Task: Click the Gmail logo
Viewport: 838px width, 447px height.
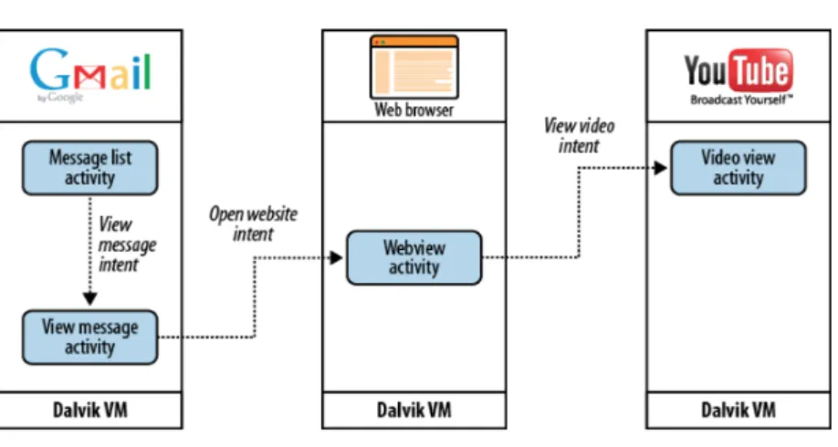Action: click(90, 75)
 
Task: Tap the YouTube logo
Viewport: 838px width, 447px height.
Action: click(738, 77)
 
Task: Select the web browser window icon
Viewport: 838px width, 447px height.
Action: click(414, 67)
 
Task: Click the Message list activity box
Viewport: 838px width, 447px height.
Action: click(89, 168)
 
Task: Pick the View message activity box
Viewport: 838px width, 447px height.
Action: click(89, 337)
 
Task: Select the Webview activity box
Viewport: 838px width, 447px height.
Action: click(414, 257)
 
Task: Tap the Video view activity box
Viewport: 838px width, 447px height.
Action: click(738, 168)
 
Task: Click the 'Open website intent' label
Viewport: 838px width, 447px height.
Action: click(254, 223)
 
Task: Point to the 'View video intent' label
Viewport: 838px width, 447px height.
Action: click(579, 136)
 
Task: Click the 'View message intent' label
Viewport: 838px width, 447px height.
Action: click(126, 244)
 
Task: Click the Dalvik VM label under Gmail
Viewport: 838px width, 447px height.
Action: click(90, 411)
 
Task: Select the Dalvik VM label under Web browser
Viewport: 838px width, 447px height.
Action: click(414, 411)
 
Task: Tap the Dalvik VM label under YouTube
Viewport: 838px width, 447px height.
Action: click(738, 411)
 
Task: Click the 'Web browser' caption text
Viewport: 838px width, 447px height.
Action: click(414, 110)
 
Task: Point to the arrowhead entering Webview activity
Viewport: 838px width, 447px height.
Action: click(336, 258)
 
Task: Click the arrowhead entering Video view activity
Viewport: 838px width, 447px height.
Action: click(660, 168)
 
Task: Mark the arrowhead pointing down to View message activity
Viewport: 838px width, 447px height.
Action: click(89, 298)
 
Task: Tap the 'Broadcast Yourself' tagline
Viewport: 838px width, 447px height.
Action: click(741, 99)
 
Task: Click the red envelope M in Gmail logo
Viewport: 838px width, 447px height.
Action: click(89, 78)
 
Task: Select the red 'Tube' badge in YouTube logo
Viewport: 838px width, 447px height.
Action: click(761, 70)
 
